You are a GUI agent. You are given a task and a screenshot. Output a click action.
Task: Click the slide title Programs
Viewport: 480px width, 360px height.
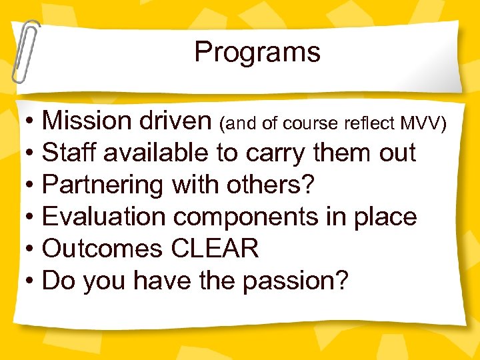(257, 53)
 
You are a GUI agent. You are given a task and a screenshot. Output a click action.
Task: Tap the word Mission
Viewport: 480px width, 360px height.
(87, 121)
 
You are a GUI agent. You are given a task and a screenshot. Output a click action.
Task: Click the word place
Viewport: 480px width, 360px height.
(388, 218)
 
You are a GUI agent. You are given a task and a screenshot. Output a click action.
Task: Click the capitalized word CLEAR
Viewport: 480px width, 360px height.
(215, 249)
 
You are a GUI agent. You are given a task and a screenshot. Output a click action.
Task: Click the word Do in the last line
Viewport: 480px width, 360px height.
(57, 281)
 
